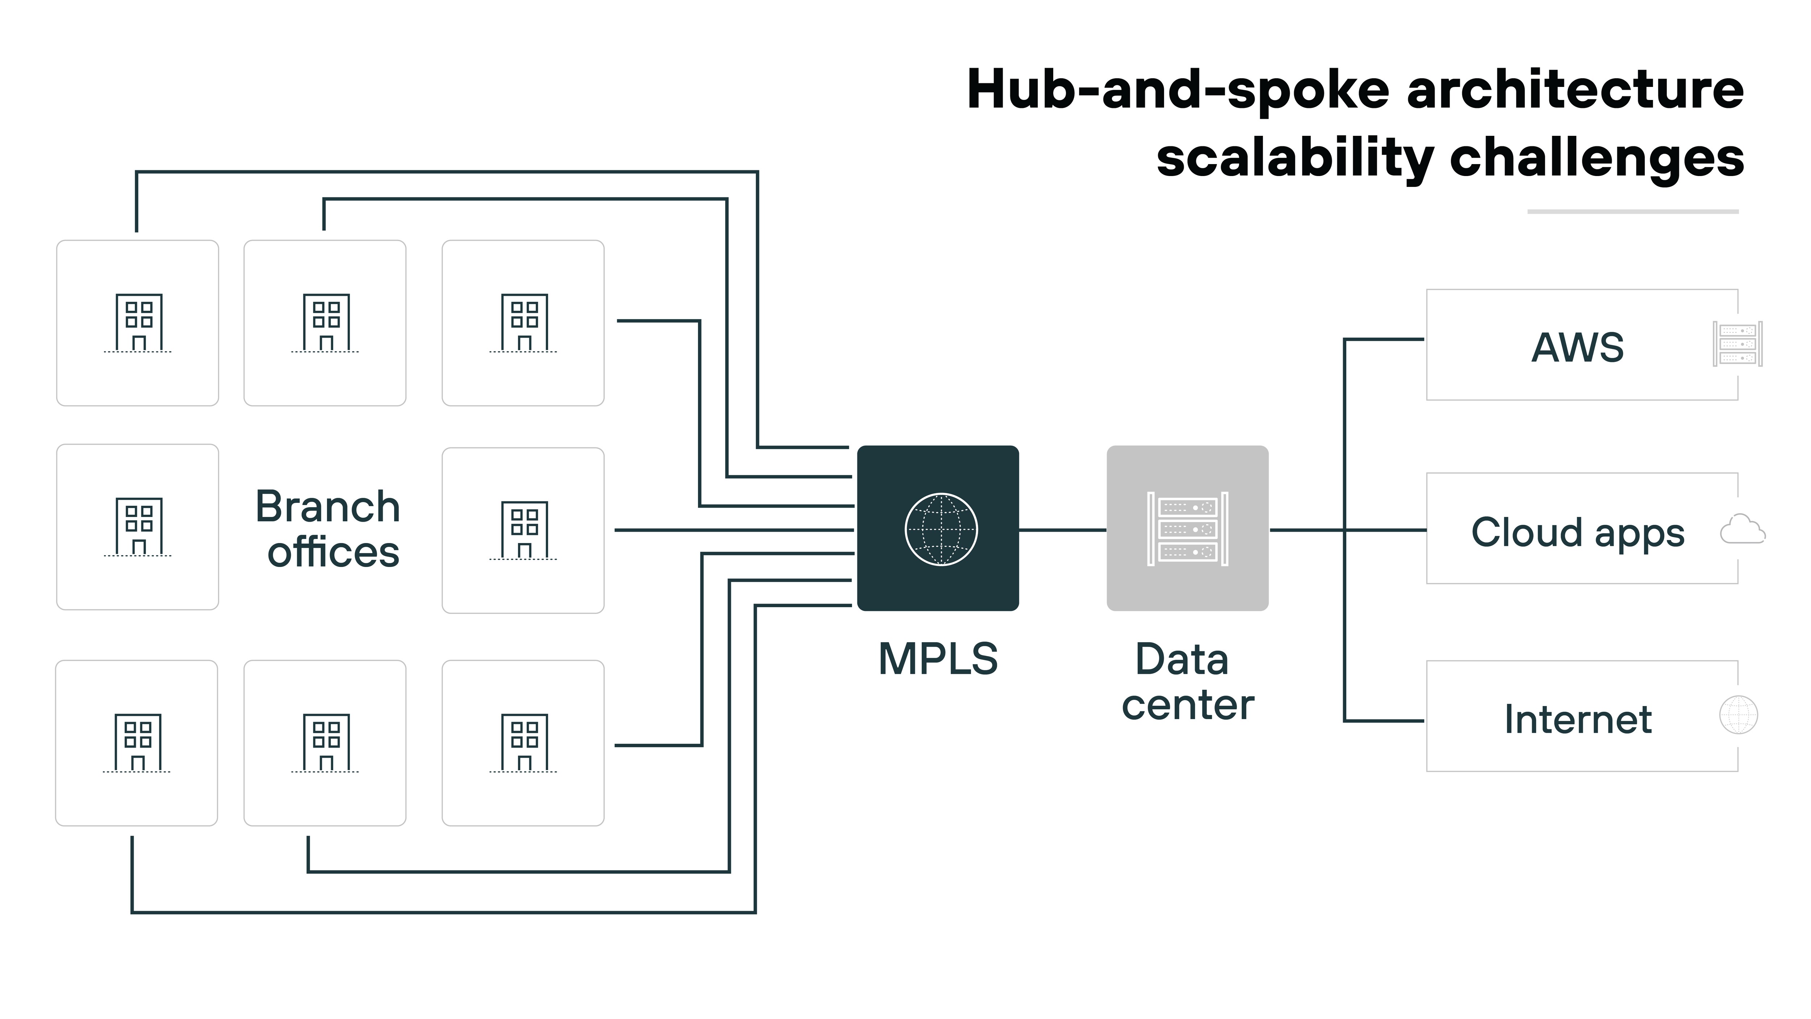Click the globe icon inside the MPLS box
click(941, 529)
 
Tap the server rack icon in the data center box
click(1187, 529)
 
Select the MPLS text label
click(938, 659)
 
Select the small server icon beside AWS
click(1737, 344)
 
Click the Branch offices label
click(328, 529)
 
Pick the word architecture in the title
click(1575, 90)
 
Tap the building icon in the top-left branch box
click(138, 323)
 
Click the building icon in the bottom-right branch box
click(524, 743)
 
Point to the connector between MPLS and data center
click(1062, 530)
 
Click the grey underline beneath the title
click(1632, 211)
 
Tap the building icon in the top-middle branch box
click(326, 323)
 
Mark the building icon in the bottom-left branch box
click(137, 743)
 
